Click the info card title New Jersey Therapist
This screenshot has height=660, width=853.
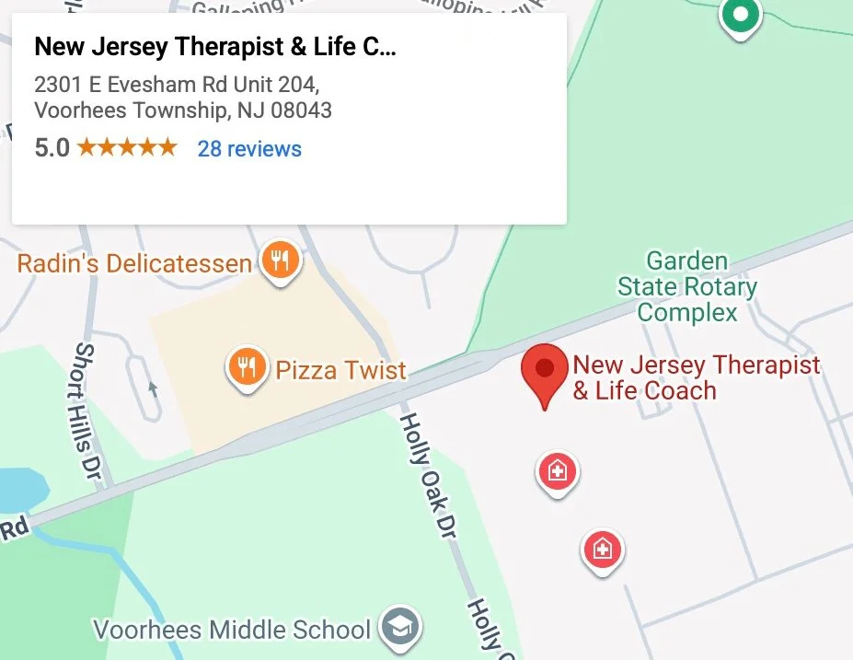pos(214,47)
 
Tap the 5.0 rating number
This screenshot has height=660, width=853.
pos(52,147)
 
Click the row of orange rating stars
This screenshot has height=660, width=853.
pos(127,147)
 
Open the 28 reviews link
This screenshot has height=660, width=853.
pos(249,148)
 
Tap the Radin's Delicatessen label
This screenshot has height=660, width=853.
pos(134,264)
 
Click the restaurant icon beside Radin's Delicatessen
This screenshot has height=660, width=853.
pos(281,261)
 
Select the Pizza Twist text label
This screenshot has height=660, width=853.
pos(340,371)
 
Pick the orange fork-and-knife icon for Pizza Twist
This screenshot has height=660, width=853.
pos(246,368)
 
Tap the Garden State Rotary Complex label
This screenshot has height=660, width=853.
pos(687,286)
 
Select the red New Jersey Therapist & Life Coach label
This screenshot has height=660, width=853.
pos(695,377)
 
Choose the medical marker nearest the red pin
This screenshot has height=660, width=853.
pos(557,472)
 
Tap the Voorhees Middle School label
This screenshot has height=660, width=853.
pos(232,631)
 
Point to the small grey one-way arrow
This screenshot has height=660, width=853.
pos(154,389)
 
